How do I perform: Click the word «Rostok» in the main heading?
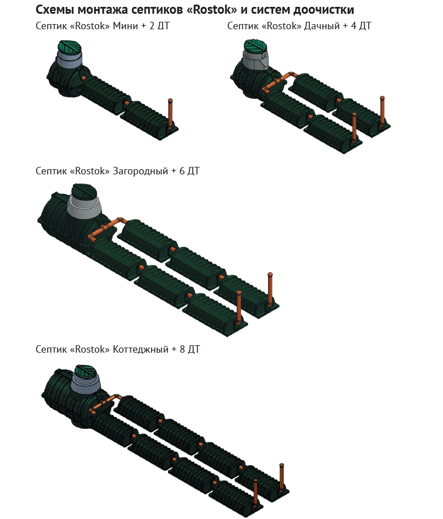coord(212,10)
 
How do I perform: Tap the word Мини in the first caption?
coord(125,26)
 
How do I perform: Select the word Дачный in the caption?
coord(322,26)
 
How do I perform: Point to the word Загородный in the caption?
coord(141,171)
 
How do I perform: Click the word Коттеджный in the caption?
coord(141,349)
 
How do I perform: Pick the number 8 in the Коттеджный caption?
coord(182,349)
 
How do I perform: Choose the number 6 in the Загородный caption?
coord(182,171)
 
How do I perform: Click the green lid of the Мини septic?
coord(70,48)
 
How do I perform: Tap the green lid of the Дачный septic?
coord(256,46)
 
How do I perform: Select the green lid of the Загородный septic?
coord(84,192)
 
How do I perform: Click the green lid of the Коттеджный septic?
coord(86,372)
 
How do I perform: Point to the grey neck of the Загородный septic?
coord(84,209)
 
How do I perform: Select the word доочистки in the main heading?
coord(324,10)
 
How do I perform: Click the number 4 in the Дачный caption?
coord(353,26)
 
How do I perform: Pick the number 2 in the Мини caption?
coord(152,26)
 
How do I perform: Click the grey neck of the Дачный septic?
coord(255,60)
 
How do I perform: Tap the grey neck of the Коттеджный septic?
coord(86,385)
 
